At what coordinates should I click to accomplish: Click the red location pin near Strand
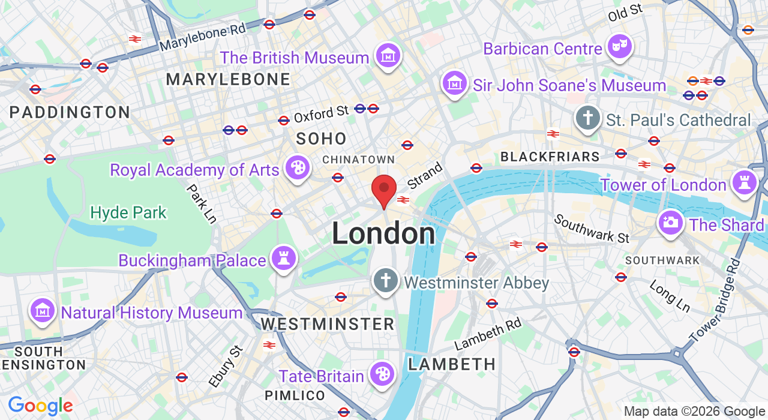pos(384,190)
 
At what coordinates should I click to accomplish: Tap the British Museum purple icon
pos(388,55)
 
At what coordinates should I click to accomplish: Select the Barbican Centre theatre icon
pos(619,46)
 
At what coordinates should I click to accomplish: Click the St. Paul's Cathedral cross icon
pos(588,118)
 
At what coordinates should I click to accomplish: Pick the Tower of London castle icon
pos(745,182)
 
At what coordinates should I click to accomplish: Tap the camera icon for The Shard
pos(671,223)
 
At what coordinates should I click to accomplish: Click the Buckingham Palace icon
pos(283,258)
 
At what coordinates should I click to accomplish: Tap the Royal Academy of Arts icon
pos(297,167)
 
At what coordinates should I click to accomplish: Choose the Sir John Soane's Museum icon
pos(455,83)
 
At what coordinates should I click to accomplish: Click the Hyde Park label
pos(128,212)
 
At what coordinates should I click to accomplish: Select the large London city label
pos(383,233)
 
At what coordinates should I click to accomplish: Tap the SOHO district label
pos(322,139)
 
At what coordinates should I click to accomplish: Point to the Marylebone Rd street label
pos(203,38)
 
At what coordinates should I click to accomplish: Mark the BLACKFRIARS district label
pos(550,157)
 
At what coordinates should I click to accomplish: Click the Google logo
pos(40,406)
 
